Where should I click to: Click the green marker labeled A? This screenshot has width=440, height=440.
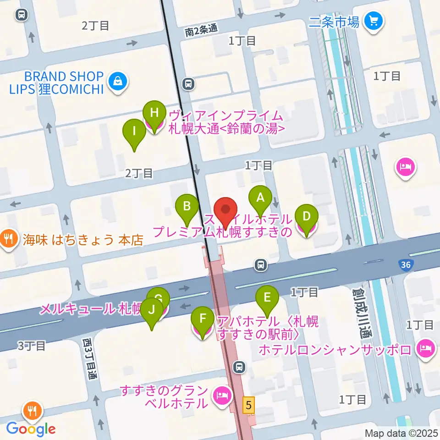(x=260, y=198)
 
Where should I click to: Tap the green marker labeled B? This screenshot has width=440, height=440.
(x=187, y=206)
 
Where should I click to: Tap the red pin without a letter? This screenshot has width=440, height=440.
(x=225, y=210)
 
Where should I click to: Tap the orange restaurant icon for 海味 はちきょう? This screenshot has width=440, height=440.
(x=9, y=239)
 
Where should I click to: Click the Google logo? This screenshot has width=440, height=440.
(x=31, y=429)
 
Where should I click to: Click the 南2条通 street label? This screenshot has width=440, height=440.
(x=201, y=31)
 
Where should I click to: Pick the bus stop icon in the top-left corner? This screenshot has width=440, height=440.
(x=21, y=15)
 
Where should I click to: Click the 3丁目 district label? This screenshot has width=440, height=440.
(x=32, y=346)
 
